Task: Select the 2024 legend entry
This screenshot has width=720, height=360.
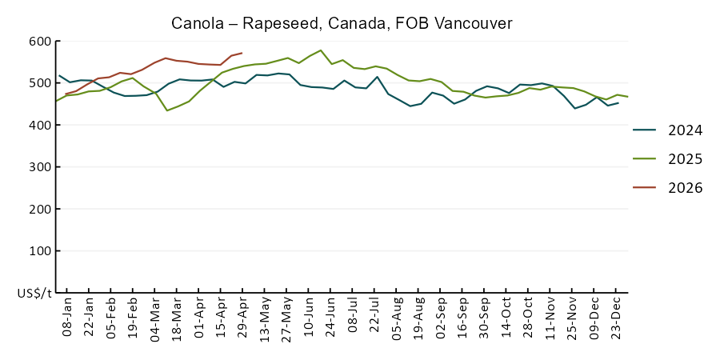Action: (x=668, y=130)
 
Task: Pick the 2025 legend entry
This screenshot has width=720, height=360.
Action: (x=668, y=159)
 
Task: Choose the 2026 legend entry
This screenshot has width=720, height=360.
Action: (x=668, y=187)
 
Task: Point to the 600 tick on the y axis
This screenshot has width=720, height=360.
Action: (x=39, y=42)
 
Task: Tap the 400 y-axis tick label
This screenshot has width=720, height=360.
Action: (x=39, y=125)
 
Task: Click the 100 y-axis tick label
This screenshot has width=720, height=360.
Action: (x=39, y=250)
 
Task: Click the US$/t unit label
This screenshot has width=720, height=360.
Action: (x=35, y=294)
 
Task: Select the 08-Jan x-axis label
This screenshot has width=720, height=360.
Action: (x=67, y=317)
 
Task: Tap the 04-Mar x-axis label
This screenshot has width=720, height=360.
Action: (x=156, y=317)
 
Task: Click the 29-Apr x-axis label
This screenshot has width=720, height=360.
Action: (x=243, y=317)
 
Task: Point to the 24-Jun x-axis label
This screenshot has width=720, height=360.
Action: (x=331, y=317)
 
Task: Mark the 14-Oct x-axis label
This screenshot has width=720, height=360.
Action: (x=507, y=317)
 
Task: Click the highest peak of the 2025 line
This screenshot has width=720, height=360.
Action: (x=320, y=50)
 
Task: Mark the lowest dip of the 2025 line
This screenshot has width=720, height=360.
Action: (x=166, y=110)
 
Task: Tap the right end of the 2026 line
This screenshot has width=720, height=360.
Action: (x=242, y=53)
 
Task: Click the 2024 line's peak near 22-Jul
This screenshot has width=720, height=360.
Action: (x=377, y=77)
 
